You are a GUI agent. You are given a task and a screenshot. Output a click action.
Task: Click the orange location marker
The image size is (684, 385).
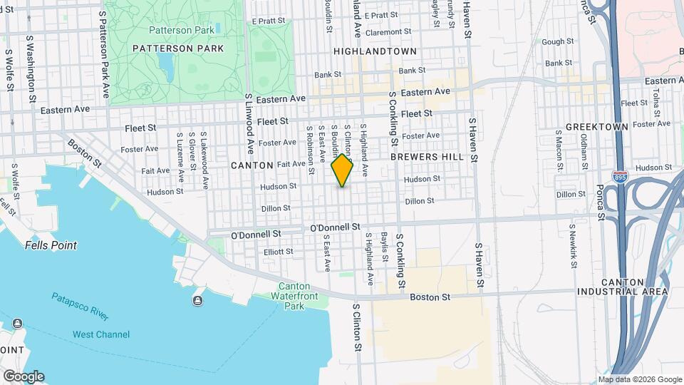[342, 170]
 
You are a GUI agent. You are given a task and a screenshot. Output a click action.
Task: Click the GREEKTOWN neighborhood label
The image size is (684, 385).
[597, 127]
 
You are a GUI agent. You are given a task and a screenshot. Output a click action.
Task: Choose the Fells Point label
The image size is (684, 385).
[51, 245]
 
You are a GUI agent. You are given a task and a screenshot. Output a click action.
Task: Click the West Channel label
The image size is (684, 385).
[101, 334]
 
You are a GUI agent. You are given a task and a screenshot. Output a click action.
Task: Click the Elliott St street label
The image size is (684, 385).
[278, 252]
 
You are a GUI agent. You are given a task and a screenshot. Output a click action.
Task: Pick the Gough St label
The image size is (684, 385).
[552, 42]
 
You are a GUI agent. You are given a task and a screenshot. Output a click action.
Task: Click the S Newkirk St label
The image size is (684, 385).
[571, 244]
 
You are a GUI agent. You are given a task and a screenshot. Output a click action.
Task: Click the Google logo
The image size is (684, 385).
[24, 376]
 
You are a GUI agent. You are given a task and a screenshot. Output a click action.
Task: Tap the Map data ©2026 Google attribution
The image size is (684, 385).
[639, 379]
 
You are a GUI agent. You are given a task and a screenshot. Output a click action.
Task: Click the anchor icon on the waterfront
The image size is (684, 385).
[197, 300]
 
